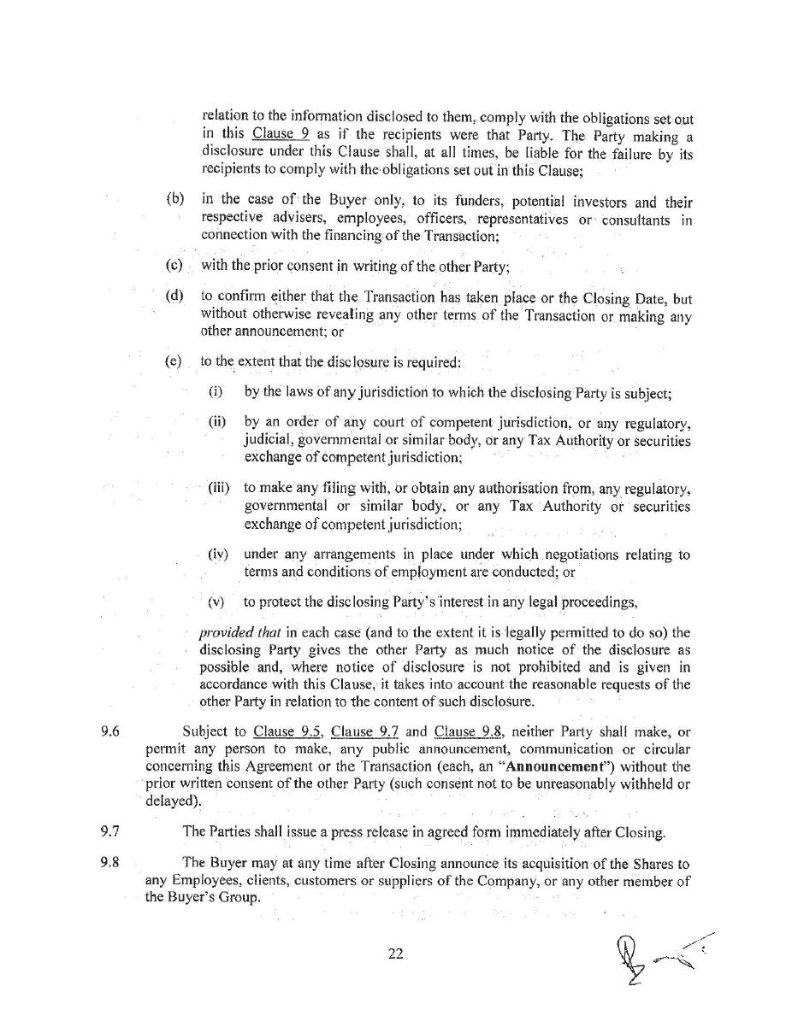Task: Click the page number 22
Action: tap(395, 954)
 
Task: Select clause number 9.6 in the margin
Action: tap(109, 731)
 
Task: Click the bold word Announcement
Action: tap(556, 766)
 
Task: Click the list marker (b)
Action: tap(174, 199)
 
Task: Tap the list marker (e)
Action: tap(174, 361)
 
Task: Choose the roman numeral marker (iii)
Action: tap(219, 488)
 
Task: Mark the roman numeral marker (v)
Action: tap(216, 602)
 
